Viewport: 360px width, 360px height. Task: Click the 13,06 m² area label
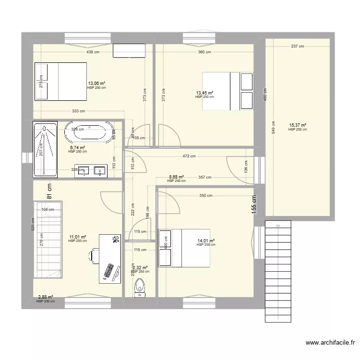96,83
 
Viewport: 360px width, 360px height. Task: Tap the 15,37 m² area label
297,125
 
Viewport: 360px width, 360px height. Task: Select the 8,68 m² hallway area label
176,177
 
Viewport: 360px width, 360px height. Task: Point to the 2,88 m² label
46,297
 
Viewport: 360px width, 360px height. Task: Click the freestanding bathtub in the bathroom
87,132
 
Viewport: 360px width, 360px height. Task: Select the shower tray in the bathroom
44,149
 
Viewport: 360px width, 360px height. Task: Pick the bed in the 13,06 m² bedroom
60,81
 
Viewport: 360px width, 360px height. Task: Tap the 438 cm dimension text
93,52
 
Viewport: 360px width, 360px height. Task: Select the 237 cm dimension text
298,47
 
